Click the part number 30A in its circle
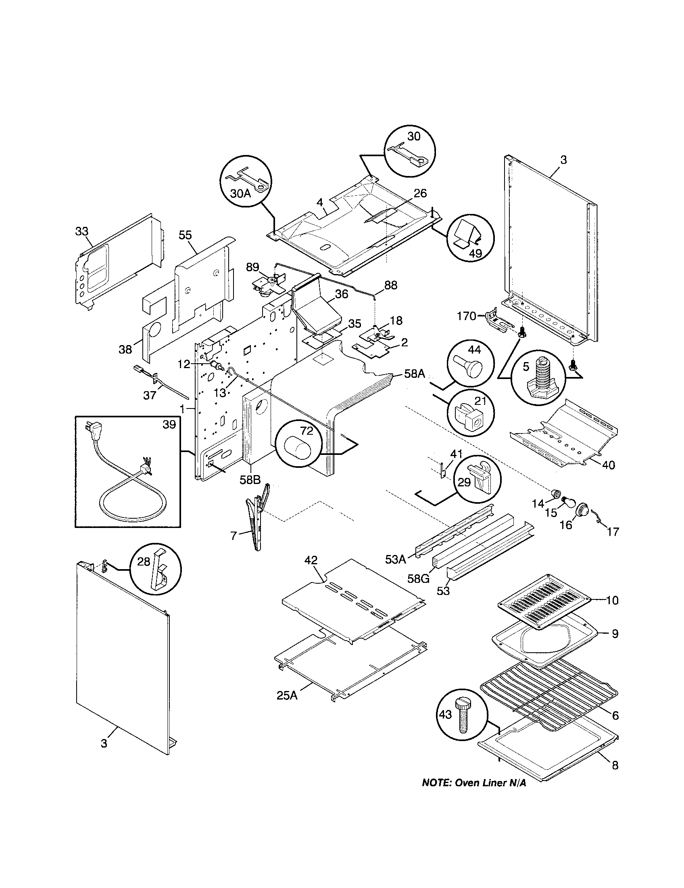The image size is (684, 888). (x=240, y=193)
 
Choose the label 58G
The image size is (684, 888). (x=419, y=578)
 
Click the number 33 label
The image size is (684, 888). (x=81, y=231)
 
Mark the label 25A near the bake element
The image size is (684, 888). (x=287, y=695)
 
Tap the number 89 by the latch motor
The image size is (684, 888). (x=252, y=267)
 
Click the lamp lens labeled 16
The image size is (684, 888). (x=582, y=509)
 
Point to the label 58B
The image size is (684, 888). (x=250, y=480)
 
